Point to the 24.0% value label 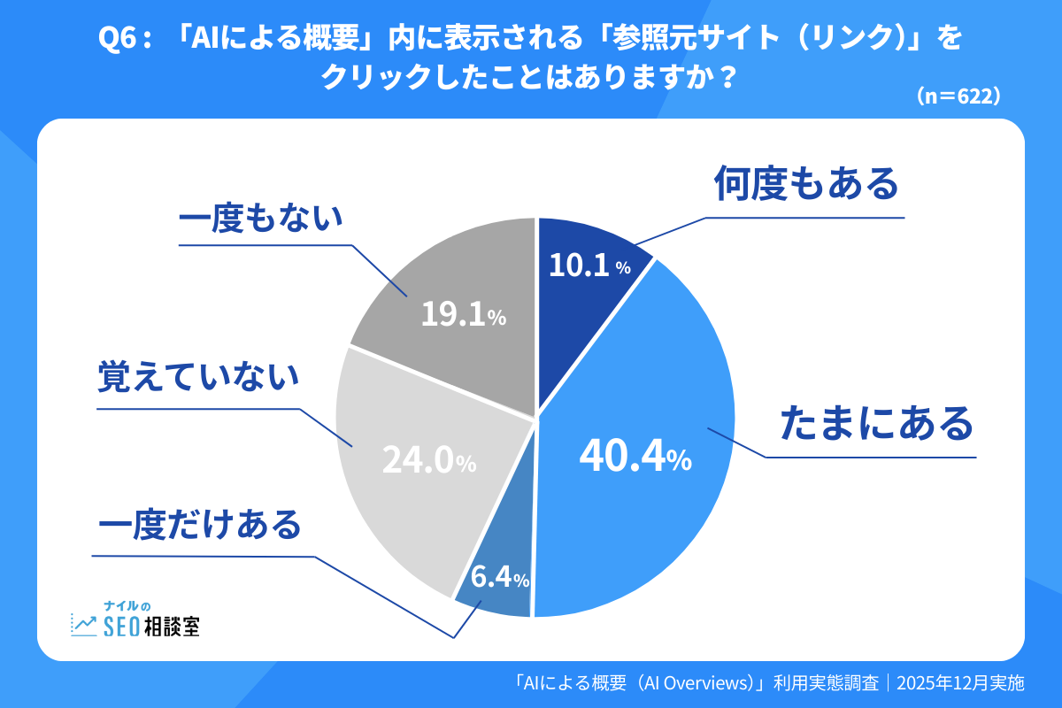[429, 459]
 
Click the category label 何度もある [806, 185]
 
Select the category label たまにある [876, 424]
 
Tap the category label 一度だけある [200, 525]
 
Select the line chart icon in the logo [84, 625]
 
